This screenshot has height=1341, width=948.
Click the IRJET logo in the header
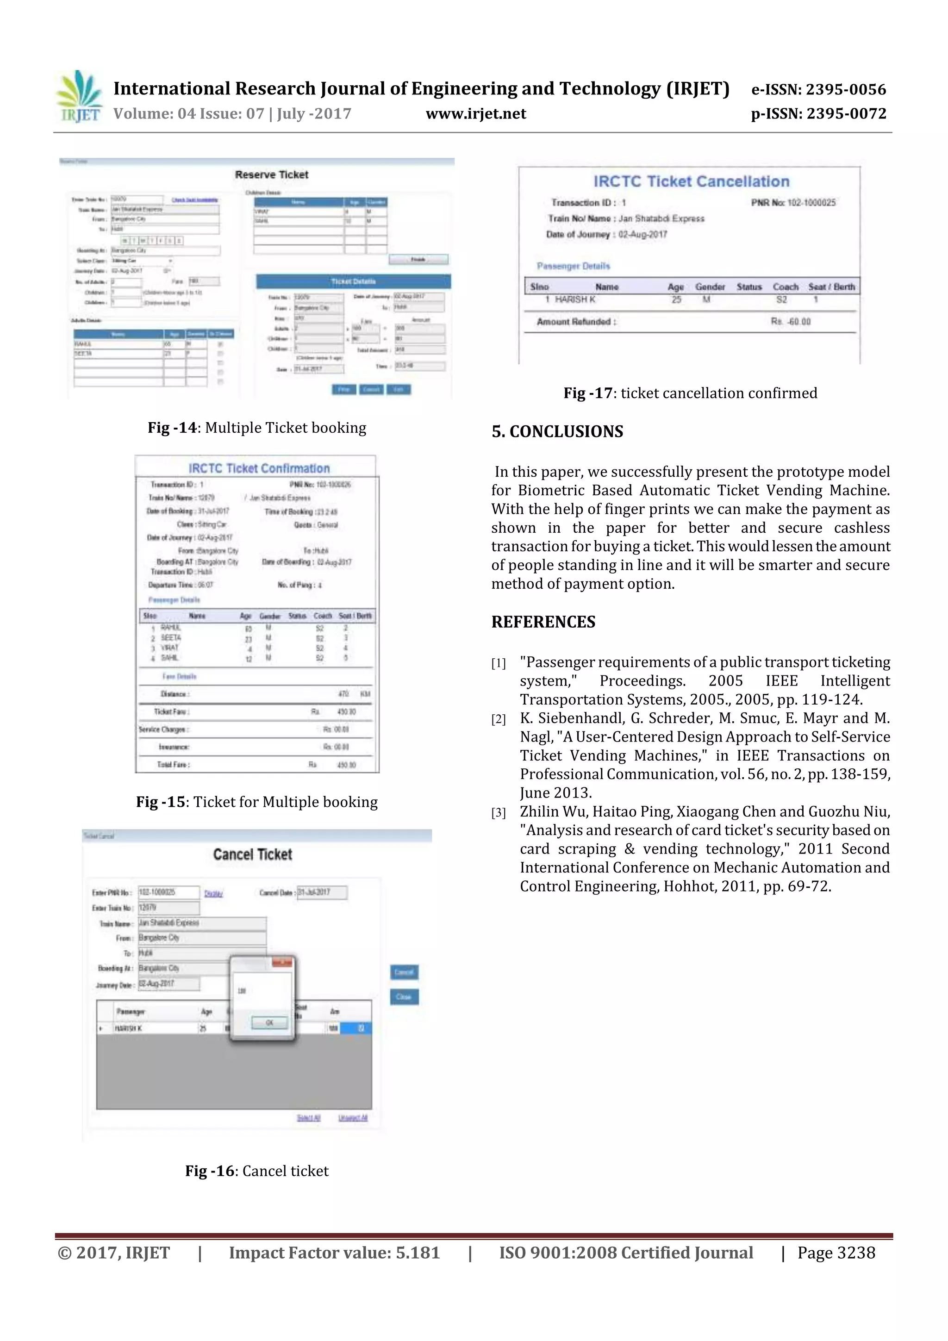tap(79, 96)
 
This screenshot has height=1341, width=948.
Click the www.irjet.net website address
tap(475, 114)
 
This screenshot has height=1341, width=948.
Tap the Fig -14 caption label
tap(172, 428)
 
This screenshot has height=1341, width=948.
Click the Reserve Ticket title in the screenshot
tap(272, 175)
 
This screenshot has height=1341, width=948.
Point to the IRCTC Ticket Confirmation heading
tap(259, 468)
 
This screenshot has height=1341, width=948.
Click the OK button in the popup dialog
tap(269, 1023)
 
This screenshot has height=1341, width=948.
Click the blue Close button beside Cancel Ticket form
tap(404, 997)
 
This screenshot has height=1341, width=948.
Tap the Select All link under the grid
tap(308, 1118)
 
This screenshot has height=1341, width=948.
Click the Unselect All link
tap(353, 1118)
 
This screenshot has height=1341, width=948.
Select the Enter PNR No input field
tap(168, 892)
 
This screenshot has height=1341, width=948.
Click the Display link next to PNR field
tap(213, 893)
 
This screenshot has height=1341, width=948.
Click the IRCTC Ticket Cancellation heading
tap(691, 181)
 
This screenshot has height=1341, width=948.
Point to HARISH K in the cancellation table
tap(575, 299)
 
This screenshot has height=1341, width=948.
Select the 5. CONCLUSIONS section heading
tap(557, 431)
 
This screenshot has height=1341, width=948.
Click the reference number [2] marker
tap(498, 719)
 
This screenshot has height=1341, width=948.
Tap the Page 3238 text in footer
tap(836, 1253)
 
